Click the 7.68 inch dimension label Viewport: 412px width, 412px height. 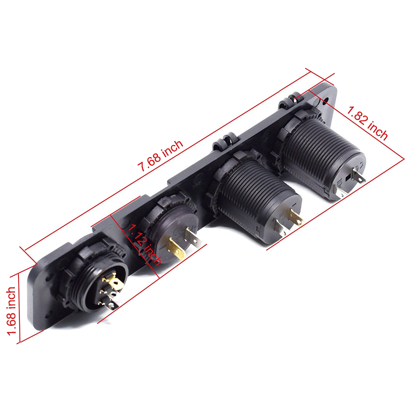click(x=161, y=156)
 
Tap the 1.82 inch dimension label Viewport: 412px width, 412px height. click(x=367, y=123)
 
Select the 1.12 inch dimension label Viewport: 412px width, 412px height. click(x=144, y=245)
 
